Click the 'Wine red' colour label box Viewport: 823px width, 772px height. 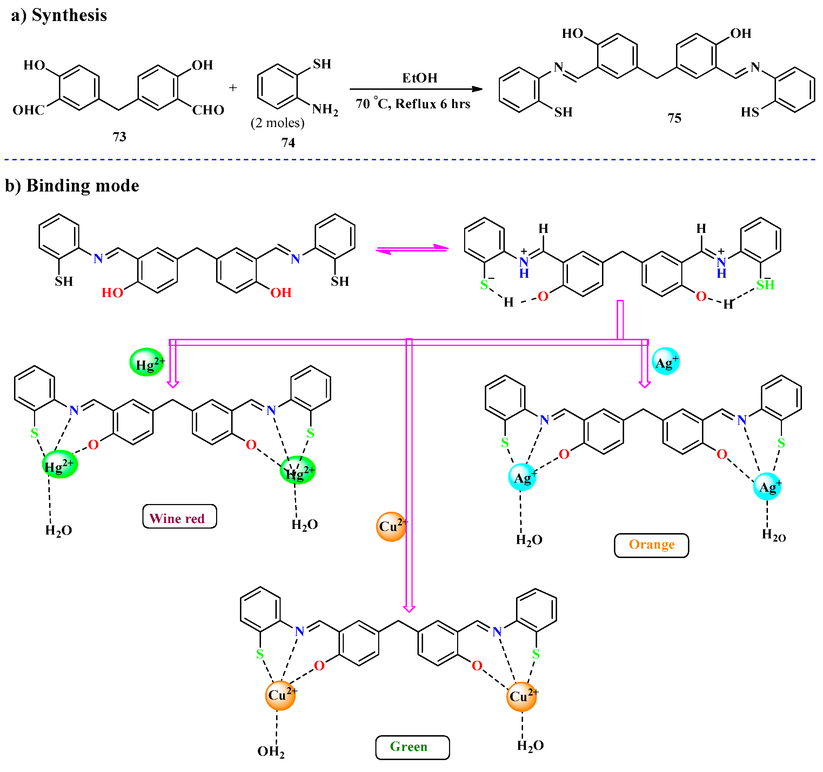(x=179, y=517)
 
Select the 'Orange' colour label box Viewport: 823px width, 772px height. (x=651, y=545)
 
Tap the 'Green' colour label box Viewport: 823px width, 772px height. (x=412, y=747)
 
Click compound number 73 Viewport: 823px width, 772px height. (x=119, y=136)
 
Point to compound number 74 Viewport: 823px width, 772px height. (x=288, y=143)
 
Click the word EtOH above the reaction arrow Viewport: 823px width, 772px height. (x=420, y=78)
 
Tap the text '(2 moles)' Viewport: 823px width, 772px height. (x=277, y=123)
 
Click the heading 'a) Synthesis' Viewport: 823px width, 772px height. (x=59, y=15)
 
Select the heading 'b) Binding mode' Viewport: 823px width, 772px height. (x=72, y=186)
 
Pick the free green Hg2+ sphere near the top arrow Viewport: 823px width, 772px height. (x=147, y=363)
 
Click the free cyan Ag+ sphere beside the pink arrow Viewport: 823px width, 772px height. (x=666, y=361)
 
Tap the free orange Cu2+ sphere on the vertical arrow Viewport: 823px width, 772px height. (x=391, y=526)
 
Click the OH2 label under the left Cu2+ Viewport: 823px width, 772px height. (x=271, y=751)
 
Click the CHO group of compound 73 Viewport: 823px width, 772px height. (x=208, y=110)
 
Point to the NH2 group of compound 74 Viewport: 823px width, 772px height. (x=325, y=109)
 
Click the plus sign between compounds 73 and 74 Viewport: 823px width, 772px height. (x=233, y=88)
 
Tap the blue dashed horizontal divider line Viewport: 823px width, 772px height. (x=410, y=159)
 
